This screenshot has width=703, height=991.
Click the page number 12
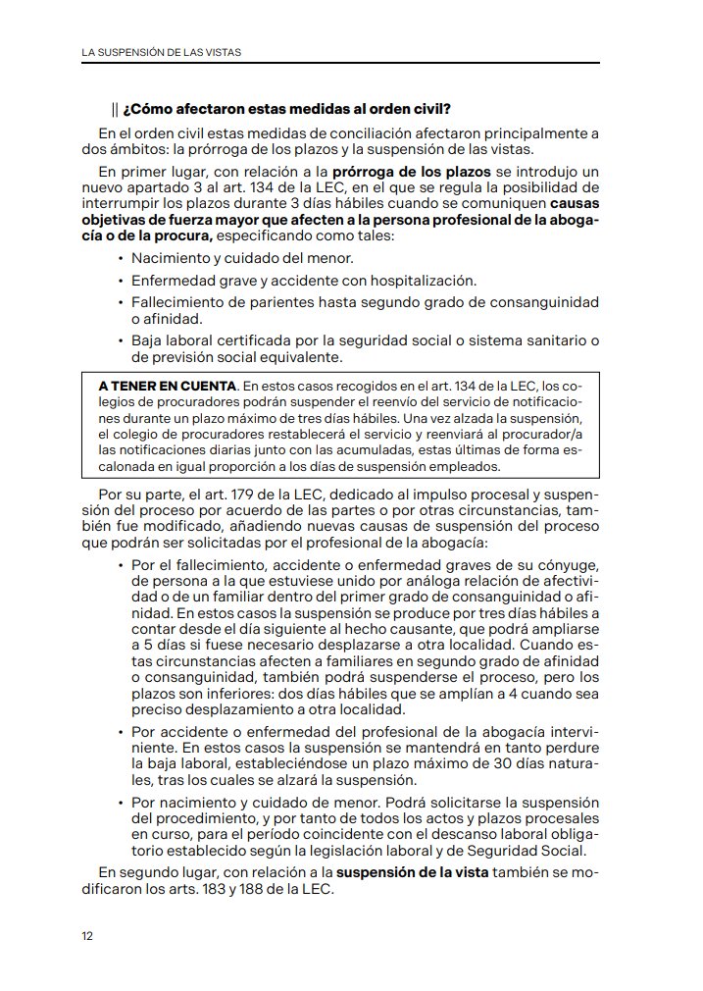87,935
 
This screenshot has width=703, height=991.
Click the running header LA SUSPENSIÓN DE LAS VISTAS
161,51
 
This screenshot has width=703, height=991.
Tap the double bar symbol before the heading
115,108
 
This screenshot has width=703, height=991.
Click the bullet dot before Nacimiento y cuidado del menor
120,259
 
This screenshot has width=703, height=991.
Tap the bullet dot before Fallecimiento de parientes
120,302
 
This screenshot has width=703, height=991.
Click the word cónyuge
570,566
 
